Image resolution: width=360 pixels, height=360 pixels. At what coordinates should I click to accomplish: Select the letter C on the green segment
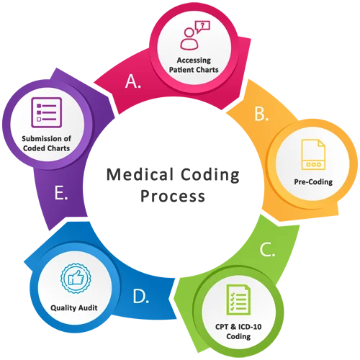pos(267,249)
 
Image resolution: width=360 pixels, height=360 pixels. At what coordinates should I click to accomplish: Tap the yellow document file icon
pos(313,154)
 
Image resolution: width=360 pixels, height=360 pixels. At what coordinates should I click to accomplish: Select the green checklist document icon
pos(238,300)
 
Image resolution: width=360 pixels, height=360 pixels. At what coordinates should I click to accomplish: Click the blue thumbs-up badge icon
pos(76,278)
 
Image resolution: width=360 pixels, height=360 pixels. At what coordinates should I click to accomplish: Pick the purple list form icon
pos(47,112)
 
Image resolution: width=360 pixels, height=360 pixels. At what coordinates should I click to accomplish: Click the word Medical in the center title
pos(140,174)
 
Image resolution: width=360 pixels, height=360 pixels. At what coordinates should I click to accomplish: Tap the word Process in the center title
pos(173,196)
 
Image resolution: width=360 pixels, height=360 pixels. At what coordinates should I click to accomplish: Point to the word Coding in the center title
pos(210,175)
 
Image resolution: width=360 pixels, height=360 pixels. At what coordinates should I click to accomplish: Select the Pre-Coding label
pos(313,182)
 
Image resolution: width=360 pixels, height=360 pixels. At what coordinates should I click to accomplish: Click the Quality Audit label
pos(74,307)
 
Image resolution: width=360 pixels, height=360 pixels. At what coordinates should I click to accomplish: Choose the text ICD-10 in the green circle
pos(250,327)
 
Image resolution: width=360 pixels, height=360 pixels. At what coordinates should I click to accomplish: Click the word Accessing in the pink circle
pos(194,60)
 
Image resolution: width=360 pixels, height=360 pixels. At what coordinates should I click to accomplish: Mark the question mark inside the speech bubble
pos(203,25)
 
